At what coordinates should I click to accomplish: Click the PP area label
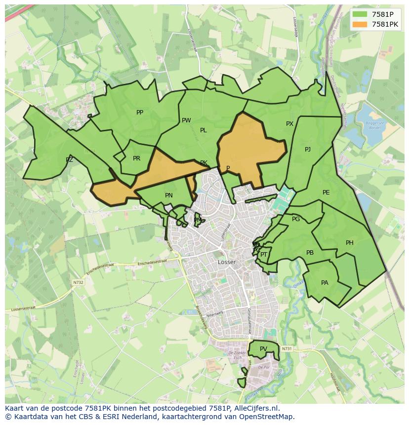click(x=140, y=113)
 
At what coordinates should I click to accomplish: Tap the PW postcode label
click(x=186, y=120)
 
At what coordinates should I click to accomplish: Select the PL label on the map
click(x=203, y=130)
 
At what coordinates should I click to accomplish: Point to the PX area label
click(x=289, y=124)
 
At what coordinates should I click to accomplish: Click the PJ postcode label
click(x=308, y=150)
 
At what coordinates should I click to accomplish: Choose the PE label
click(x=326, y=193)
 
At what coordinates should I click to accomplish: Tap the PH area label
click(x=350, y=243)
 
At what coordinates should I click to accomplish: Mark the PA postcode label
click(x=325, y=283)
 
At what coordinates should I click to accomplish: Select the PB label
click(x=310, y=253)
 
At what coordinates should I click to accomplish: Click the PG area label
click(x=296, y=219)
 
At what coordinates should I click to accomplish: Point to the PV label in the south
click(x=263, y=349)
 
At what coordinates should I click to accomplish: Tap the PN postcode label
click(x=169, y=195)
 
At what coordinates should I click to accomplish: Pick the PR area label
click(x=137, y=158)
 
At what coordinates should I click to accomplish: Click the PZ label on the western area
click(x=69, y=160)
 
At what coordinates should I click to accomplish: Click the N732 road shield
click(x=78, y=283)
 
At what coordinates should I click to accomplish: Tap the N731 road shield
click(x=287, y=349)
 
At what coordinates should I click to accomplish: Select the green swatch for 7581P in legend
click(x=360, y=14)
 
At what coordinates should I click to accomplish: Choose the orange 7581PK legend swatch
click(x=360, y=24)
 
